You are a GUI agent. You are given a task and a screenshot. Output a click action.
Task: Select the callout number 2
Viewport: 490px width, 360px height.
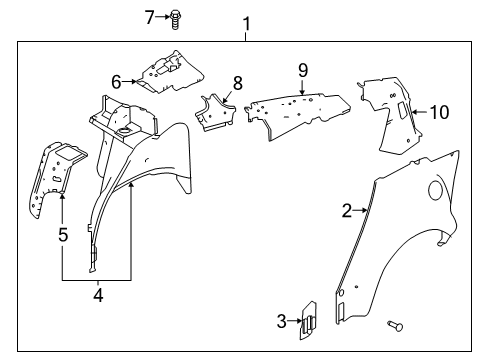[x=346, y=210]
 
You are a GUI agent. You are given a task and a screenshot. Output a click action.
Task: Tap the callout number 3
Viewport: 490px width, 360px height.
[x=283, y=320]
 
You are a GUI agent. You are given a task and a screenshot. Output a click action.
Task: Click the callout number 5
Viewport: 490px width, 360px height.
[x=62, y=235]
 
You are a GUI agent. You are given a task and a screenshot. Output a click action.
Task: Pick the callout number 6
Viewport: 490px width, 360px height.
[x=116, y=82]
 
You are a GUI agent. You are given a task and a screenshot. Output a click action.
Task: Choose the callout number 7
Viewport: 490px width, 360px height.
[x=178, y=16]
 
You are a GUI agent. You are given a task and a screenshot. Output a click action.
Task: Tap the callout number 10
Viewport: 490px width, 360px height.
[x=442, y=112]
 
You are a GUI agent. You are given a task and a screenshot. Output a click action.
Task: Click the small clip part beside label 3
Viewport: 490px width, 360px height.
[x=309, y=320]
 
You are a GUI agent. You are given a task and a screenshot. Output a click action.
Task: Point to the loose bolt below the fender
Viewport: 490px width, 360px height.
[x=392, y=325]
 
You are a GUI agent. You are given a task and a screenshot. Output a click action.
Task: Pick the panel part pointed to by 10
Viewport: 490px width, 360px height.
[x=390, y=110]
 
